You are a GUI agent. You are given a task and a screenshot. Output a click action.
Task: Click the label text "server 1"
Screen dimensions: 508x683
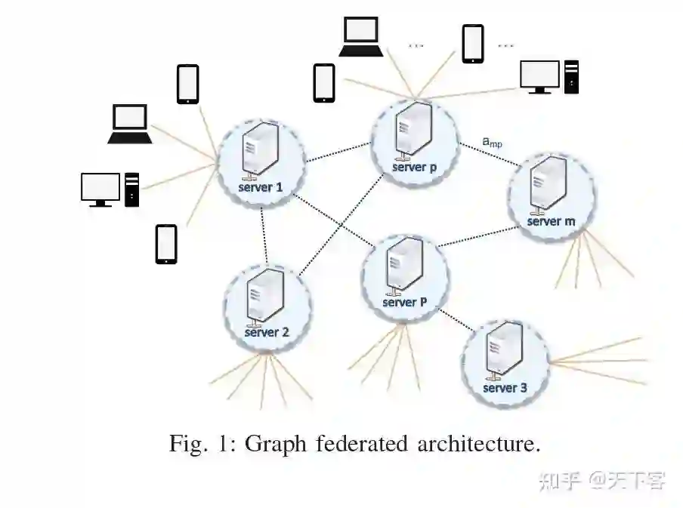click(x=260, y=186)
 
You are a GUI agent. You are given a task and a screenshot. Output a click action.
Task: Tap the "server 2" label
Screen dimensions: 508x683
click(x=267, y=331)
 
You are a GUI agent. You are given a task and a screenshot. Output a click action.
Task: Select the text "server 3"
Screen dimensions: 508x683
click(x=505, y=388)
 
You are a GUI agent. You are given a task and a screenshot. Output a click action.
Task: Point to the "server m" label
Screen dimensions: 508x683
click(x=551, y=221)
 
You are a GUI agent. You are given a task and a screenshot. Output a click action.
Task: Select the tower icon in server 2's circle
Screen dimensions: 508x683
click(x=267, y=297)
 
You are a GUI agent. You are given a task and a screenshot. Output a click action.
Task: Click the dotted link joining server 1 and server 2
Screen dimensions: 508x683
click(x=264, y=234)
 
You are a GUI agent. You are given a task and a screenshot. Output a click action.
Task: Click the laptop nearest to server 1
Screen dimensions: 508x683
click(x=130, y=124)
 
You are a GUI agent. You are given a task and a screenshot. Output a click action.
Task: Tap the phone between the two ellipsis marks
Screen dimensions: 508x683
click(x=473, y=44)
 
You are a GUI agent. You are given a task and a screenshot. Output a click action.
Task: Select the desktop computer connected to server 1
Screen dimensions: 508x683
click(x=110, y=189)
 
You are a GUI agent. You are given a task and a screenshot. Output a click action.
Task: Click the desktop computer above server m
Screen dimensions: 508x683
click(x=549, y=76)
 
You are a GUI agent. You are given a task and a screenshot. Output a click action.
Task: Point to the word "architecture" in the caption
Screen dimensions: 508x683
click(x=478, y=443)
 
